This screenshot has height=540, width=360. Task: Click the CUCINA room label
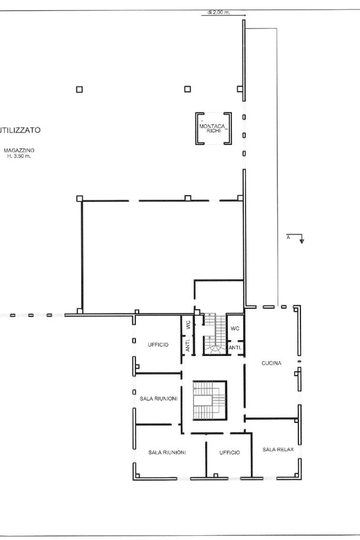[271, 363]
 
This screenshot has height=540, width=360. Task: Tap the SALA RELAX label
[278, 449]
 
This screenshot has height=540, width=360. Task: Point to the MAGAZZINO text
[19, 150]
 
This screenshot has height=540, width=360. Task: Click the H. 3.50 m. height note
[19, 156]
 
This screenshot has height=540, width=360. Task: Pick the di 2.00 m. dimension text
[219, 13]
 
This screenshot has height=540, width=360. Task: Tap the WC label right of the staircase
[235, 328]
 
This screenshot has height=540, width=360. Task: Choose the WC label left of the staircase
[188, 325]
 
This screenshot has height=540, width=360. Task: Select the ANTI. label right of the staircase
[235, 348]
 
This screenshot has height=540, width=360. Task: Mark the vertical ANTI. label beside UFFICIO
[188, 345]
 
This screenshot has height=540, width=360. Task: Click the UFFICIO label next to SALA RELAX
[230, 452]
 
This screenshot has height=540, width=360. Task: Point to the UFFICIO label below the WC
[158, 345]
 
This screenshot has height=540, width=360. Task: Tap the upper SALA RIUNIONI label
[158, 399]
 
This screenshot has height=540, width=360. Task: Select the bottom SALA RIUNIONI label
[167, 452]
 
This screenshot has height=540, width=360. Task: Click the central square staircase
[210, 401]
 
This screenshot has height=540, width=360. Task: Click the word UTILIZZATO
[20, 130]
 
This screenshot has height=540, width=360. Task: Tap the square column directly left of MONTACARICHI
[188, 89]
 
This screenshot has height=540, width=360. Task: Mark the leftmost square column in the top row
[79, 90]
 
